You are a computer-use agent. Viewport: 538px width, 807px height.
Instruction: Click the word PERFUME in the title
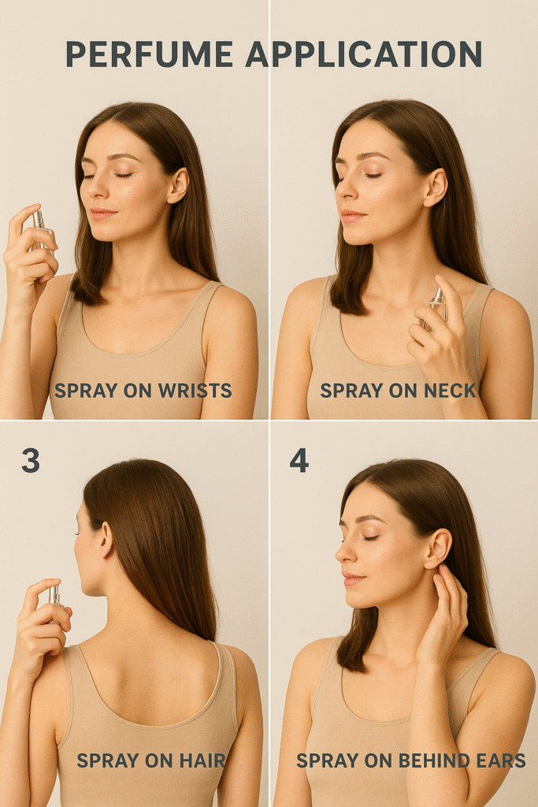pyautogui.click(x=149, y=54)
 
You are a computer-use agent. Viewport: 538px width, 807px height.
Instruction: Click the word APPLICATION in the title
pyautogui.click(x=364, y=54)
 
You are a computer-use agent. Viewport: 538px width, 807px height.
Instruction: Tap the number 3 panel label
pyautogui.click(x=31, y=460)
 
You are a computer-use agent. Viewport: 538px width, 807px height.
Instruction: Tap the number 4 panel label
pyautogui.click(x=299, y=460)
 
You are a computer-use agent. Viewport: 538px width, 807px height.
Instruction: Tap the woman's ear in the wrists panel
pyautogui.click(x=177, y=185)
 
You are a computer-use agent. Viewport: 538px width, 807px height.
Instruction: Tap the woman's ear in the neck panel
pyautogui.click(x=435, y=188)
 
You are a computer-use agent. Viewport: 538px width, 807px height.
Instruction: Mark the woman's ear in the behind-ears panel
pyautogui.click(x=439, y=549)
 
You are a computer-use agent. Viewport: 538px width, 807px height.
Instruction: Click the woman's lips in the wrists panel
pyautogui.click(x=102, y=214)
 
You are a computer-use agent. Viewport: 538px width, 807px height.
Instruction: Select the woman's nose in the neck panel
pyautogui.click(x=344, y=191)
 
